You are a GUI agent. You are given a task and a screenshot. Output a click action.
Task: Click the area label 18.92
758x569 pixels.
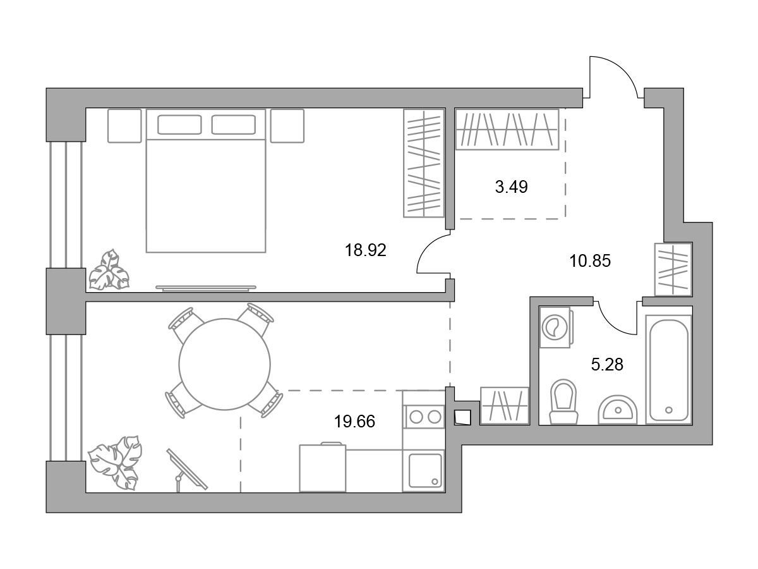tap(365, 250)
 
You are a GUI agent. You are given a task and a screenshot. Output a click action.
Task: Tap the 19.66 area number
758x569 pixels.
tap(354, 422)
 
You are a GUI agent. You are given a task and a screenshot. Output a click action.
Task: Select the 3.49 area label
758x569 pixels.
tap(511, 187)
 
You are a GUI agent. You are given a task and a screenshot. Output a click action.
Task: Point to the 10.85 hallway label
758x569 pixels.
tap(590, 261)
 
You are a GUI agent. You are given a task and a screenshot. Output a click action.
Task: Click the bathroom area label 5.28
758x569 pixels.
tap(607, 365)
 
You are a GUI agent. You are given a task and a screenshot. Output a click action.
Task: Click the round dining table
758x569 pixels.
tap(224, 364)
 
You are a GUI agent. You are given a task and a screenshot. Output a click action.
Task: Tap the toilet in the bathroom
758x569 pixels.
tap(563, 401)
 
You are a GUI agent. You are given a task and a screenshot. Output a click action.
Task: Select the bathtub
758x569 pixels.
tap(668, 369)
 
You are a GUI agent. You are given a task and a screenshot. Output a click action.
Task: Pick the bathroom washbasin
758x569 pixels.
tap(618, 410)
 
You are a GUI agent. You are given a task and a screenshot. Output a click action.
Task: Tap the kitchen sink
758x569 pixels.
tap(424, 470)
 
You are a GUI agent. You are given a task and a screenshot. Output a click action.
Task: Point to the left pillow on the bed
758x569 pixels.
tap(179, 125)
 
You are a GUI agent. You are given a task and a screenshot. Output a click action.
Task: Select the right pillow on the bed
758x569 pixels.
tap(234, 125)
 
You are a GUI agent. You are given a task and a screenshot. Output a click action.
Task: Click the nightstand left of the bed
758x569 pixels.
tap(124, 126)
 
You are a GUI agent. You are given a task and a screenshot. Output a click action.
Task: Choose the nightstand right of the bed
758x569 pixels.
tap(287, 126)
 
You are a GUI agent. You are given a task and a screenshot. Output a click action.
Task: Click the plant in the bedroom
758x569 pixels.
tap(109, 270)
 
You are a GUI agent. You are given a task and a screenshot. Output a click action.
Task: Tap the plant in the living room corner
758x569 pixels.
tap(116, 463)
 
